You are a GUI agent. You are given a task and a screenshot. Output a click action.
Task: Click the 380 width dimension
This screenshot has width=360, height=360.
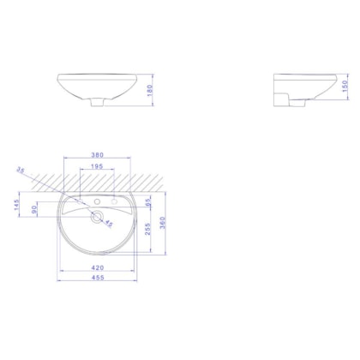pos(98,154)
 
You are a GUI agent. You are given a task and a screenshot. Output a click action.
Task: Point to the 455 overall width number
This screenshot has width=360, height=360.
pos(98,279)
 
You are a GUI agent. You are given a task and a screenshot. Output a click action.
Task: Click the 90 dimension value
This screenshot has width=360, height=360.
pos(34,208)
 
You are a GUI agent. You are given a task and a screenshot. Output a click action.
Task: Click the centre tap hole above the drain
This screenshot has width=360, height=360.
pos(97,201)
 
